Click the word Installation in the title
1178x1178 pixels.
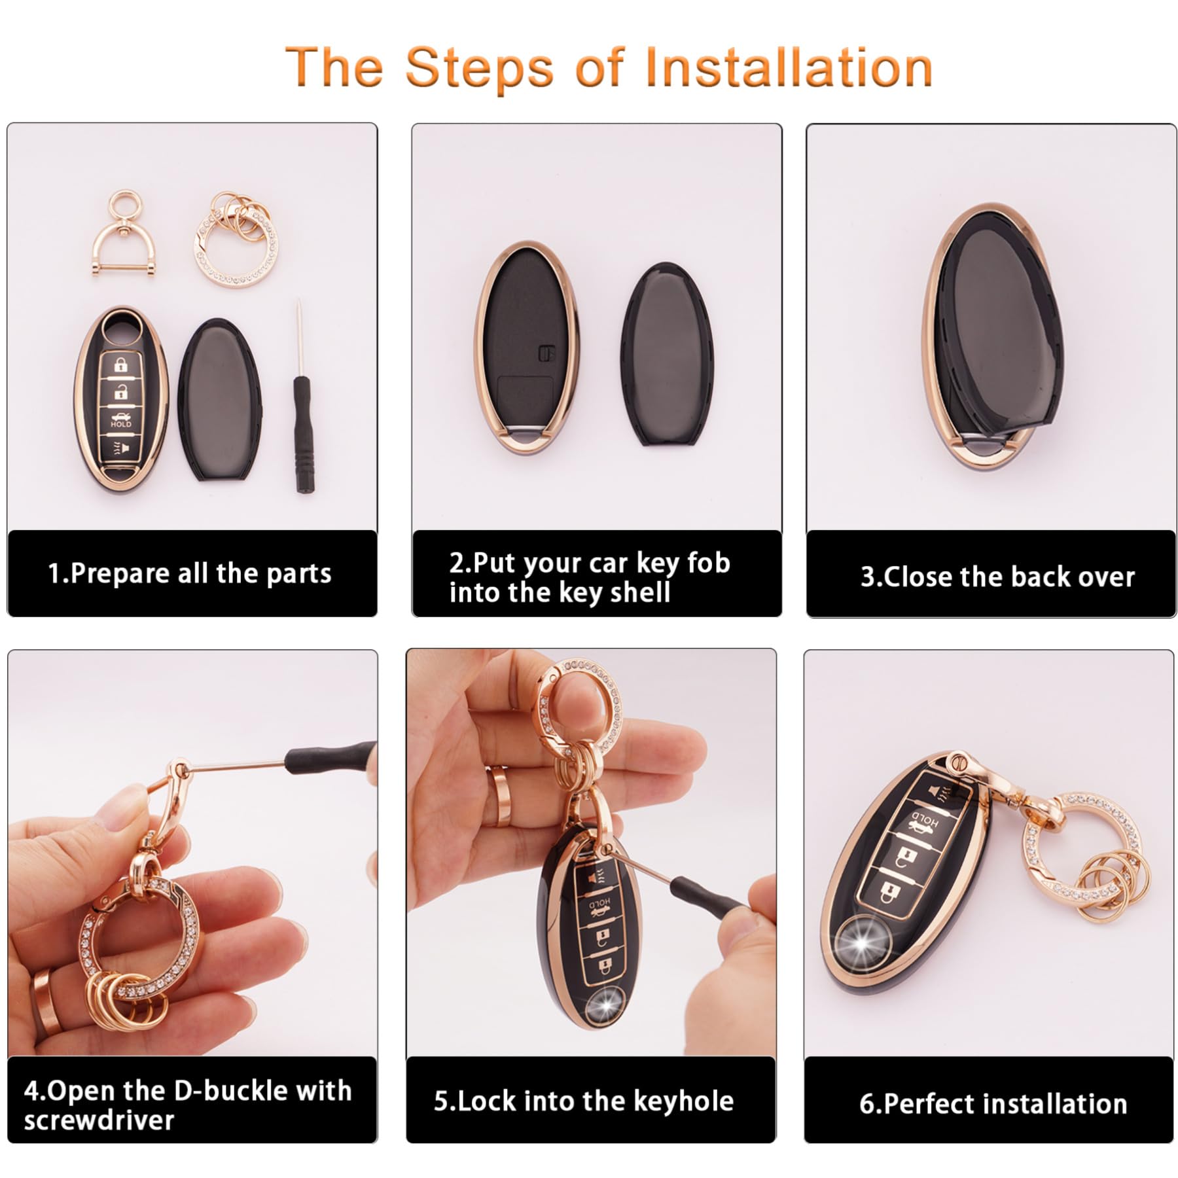point(788,67)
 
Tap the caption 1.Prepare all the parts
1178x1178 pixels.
point(190,573)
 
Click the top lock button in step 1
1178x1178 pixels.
point(121,365)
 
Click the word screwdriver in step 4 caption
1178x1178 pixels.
point(99,1120)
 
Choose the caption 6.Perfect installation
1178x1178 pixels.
point(993,1104)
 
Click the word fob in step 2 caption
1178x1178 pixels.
point(709,563)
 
